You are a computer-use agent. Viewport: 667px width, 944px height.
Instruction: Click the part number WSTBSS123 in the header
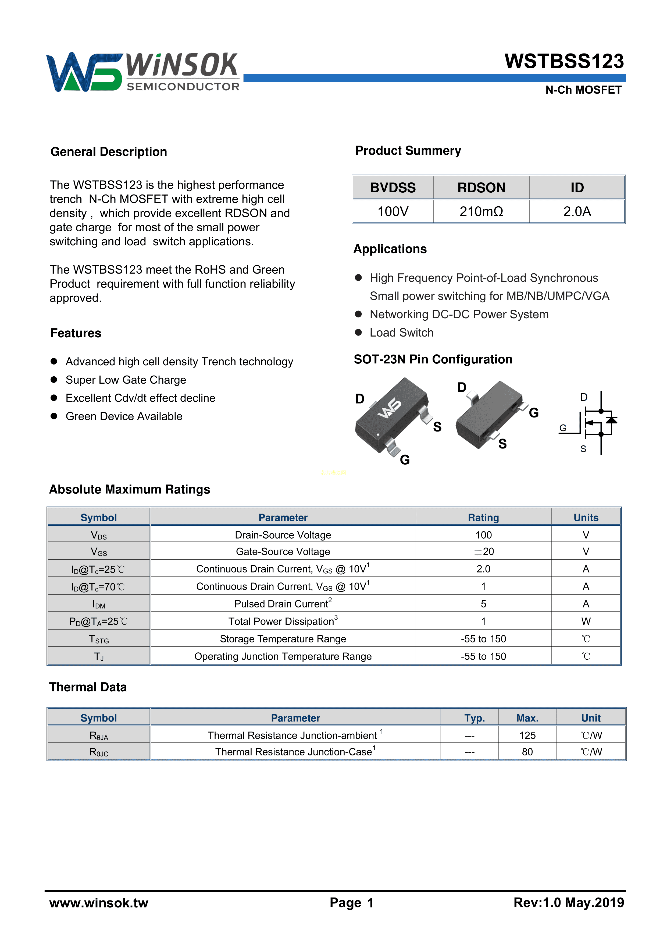click(x=564, y=62)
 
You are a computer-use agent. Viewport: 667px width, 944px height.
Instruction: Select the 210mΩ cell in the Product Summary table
click(x=481, y=212)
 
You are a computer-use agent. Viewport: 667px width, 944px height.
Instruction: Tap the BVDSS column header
click(x=393, y=188)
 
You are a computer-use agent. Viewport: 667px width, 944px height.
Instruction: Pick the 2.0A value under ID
click(x=577, y=212)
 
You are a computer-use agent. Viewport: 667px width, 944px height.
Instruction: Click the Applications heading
click(x=390, y=249)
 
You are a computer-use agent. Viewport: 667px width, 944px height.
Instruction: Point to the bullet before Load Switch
click(x=358, y=333)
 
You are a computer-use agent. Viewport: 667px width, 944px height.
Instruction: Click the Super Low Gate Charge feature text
click(x=126, y=380)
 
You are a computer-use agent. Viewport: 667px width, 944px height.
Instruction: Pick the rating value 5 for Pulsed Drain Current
click(x=483, y=604)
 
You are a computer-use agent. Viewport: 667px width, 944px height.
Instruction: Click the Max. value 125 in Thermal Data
click(x=527, y=736)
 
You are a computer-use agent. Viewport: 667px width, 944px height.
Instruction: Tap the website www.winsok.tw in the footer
click(x=99, y=903)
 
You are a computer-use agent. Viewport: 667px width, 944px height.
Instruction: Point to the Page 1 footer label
click(x=351, y=903)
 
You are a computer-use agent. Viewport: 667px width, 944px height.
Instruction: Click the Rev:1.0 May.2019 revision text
click(x=568, y=903)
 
